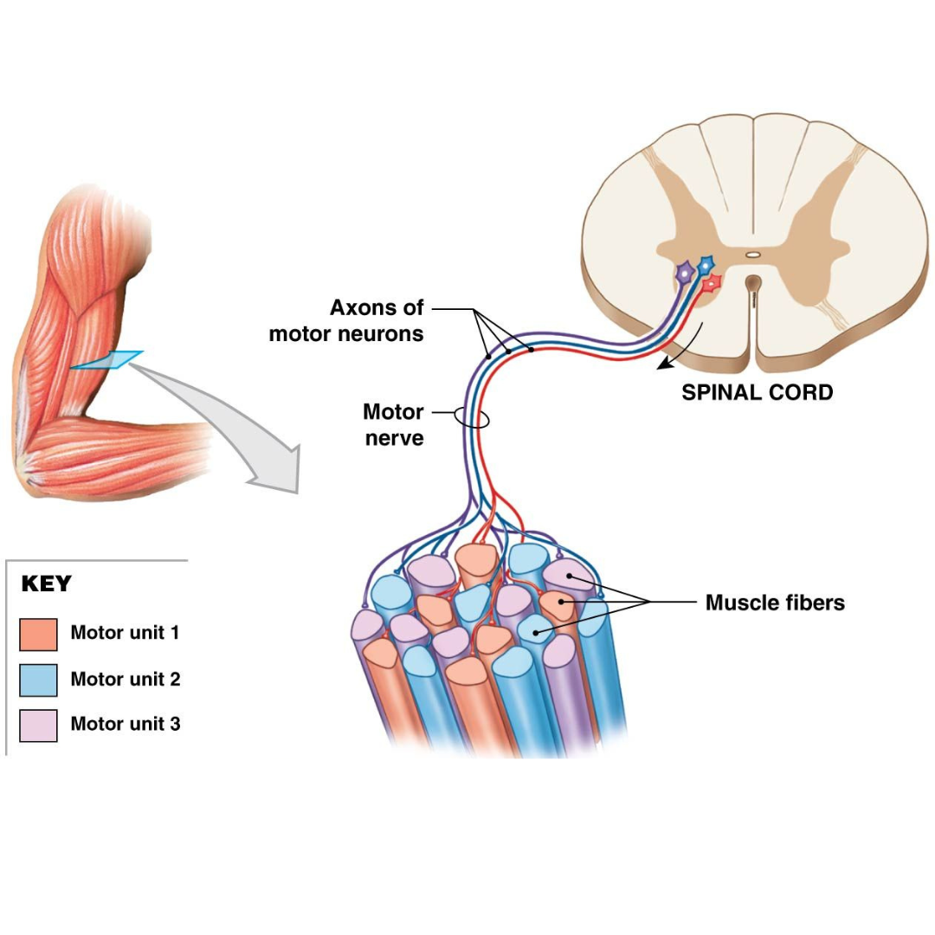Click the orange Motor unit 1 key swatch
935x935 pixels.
38,634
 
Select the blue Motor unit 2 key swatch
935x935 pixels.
38,680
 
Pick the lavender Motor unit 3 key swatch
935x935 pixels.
38,725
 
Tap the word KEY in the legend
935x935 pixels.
46,584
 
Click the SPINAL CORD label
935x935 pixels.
757,392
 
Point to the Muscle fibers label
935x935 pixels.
775,603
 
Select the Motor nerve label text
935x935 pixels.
393,424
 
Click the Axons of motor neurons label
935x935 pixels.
346,320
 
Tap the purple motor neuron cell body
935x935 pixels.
685,273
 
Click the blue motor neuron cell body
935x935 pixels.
706,263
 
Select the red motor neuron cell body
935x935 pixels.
712,283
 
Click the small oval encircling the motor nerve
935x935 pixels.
472,418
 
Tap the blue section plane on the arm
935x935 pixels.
107,360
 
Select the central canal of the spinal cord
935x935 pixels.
753,255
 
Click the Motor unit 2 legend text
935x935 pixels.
126,680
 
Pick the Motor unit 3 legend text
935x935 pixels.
126,725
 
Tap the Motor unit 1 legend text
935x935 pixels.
126,634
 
